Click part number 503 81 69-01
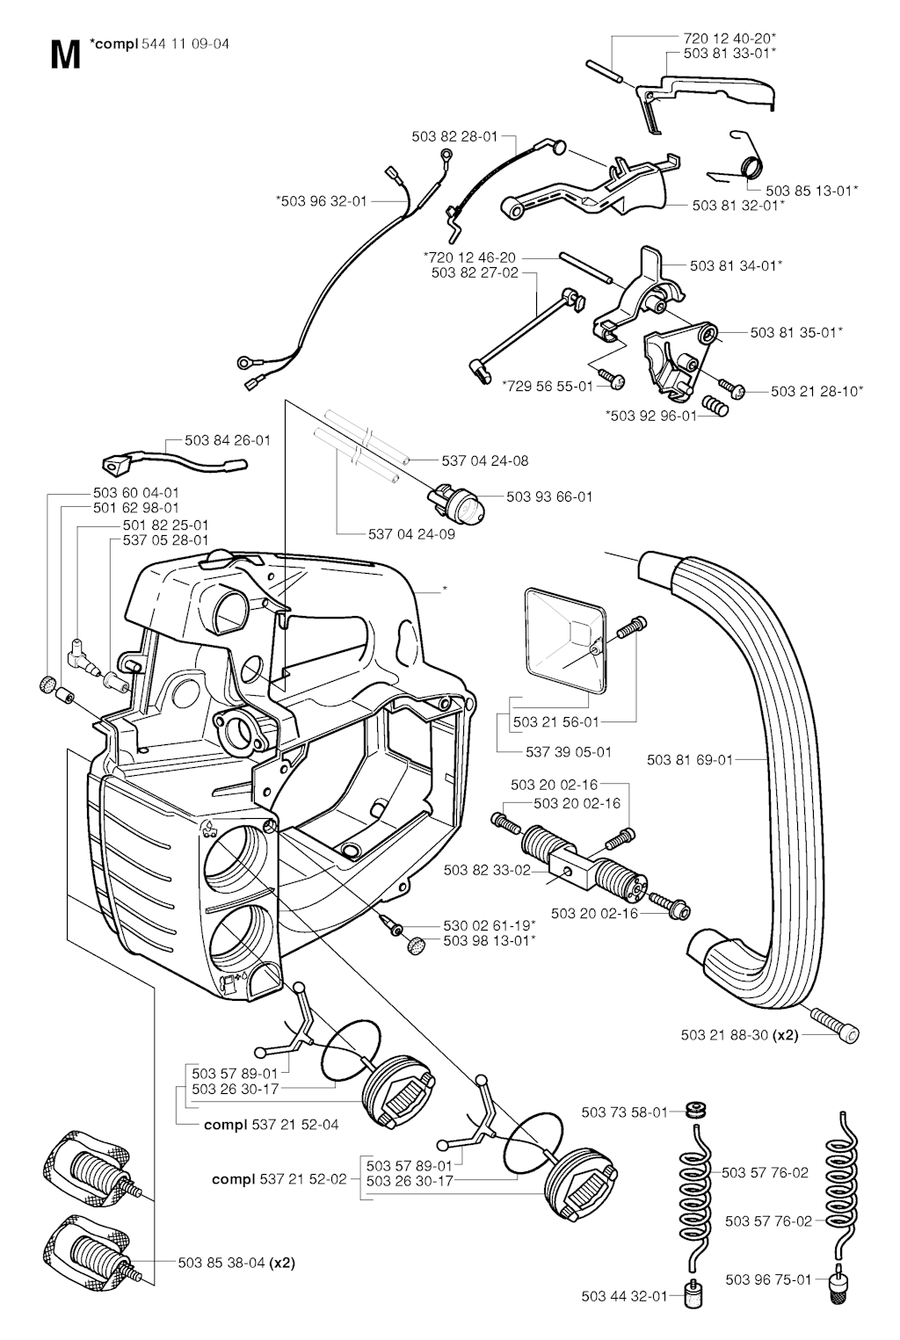click(x=689, y=760)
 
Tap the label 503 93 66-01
click(x=549, y=496)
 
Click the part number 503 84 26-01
click(x=228, y=440)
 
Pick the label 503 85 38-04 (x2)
click(x=236, y=1263)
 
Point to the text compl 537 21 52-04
click(x=271, y=1124)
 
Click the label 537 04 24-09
click(x=411, y=533)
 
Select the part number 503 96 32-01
click(x=321, y=201)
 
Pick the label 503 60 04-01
click(x=136, y=493)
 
